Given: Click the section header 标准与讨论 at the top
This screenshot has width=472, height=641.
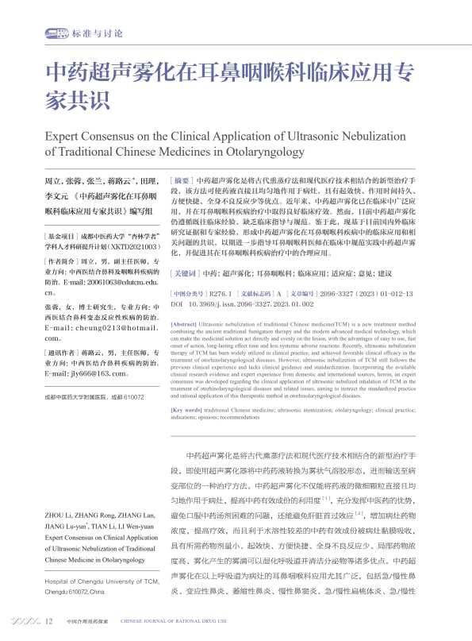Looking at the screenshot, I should [96, 34].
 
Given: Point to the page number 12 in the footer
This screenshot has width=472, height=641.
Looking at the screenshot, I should [49, 621].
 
